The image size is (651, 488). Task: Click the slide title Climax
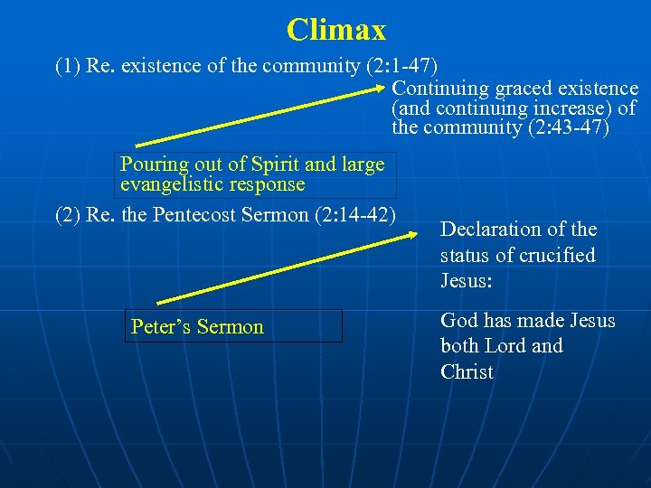click(336, 31)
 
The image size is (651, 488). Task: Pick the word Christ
click(467, 371)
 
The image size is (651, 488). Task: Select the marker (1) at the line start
click(68, 66)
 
